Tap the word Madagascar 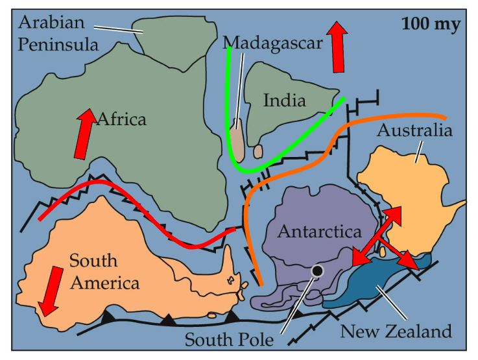coord(272,43)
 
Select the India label coord(284,101)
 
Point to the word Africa coord(121,119)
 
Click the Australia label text coord(414,130)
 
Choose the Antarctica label coord(319,232)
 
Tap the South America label coord(104,272)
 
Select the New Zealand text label coord(396,331)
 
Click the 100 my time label coord(431,25)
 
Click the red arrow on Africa coord(84,134)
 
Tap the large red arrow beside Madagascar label coord(337,46)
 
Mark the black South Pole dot coord(317,270)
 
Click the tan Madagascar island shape coord(239,140)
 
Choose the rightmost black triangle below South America coord(232,316)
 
